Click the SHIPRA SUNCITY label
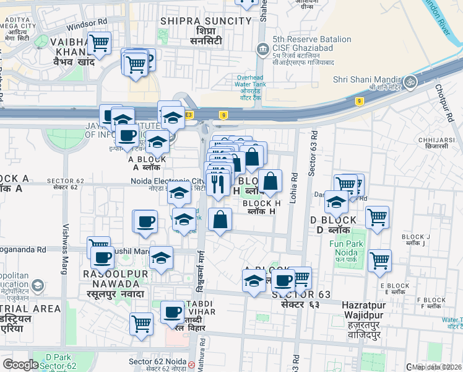(206, 20)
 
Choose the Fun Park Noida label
(345, 249)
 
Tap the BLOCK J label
(415, 237)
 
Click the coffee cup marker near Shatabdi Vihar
(173, 312)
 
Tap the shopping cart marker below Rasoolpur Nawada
(142, 322)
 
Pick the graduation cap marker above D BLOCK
(336, 201)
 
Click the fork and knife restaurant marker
(217, 184)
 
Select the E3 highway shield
(189, 115)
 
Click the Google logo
(21, 365)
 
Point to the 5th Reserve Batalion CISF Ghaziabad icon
(263, 48)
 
